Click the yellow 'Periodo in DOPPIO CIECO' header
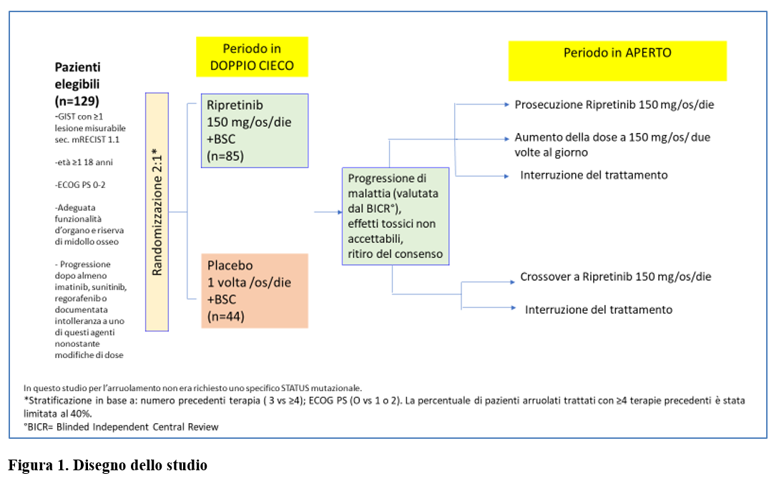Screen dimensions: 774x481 click(252, 56)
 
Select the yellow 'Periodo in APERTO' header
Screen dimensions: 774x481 click(617, 61)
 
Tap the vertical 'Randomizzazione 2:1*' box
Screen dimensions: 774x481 click(157, 212)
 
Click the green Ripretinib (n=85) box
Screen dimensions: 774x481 click(255, 131)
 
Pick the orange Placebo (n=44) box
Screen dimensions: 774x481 click(255, 291)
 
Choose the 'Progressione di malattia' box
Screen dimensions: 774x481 click(396, 216)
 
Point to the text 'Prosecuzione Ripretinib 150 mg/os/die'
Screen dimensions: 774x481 click(614, 104)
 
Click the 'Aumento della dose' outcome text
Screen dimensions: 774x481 click(612, 144)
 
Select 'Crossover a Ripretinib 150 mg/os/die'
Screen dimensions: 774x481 click(615, 277)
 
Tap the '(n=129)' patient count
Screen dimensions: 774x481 click(77, 101)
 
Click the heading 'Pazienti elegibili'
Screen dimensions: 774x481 click(77, 75)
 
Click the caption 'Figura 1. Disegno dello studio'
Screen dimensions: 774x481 click(107, 465)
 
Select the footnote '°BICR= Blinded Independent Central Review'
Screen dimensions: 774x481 click(121, 427)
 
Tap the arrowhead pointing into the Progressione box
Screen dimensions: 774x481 click(340, 212)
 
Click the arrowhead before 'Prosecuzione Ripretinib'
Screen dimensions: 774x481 click(506, 104)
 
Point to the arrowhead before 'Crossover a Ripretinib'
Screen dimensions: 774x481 click(512, 282)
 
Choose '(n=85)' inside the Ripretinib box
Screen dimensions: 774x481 click(225, 157)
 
